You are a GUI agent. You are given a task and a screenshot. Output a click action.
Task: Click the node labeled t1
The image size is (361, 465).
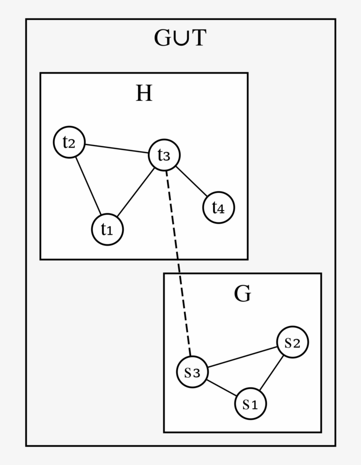pyautogui.click(x=107, y=229)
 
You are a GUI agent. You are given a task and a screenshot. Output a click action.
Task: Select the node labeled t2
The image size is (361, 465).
pyautogui.click(x=69, y=142)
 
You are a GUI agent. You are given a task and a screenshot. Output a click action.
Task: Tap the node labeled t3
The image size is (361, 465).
pyautogui.click(x=164, y=155)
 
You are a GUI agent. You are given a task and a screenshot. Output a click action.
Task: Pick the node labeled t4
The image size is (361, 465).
pyautogui.click(x=218, y=207)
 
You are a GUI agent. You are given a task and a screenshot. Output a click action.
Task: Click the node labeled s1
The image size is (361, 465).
pyautogui.click(x=250, y=403)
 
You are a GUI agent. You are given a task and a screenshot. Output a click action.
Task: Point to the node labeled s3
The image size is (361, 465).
pyautogui.click(x=192, y=372)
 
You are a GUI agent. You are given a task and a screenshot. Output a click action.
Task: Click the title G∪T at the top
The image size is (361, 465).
pyautogui.click(x=180, y=38)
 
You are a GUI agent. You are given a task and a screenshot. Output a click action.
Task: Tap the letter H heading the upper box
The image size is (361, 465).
pyautogui.click(x=144, y=93)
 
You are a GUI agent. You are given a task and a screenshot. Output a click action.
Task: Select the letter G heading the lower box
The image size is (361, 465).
pyautogui.click(x=242, y=294)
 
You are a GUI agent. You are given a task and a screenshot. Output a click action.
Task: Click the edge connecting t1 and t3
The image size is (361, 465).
pyautogui.click(x=136, y=192)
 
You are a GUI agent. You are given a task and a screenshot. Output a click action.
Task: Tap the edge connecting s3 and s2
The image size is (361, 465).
pyautogui.click(x=242, y=357)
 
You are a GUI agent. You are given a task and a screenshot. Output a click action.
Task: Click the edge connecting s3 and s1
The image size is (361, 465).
pyautogui.click(x=221, y=388)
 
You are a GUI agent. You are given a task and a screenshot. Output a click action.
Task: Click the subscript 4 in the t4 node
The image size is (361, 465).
pyautogui.click(x=222, y=209)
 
